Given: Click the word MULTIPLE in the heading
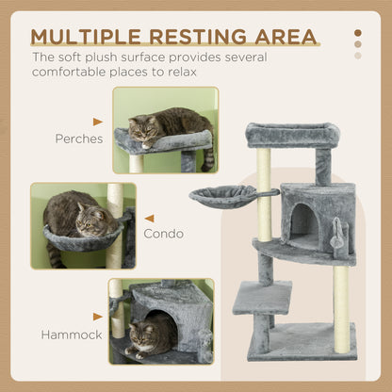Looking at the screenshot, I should point(86,38).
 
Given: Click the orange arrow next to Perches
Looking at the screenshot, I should point(97,122).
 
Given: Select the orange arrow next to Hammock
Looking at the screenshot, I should point(97,318).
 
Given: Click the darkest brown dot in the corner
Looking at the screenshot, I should point(357,32).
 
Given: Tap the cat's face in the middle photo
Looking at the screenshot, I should point(90,225).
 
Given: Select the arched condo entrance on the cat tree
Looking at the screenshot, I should point(302,220).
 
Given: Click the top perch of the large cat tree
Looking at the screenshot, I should point(292,136).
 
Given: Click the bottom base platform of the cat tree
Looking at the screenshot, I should point(302,341).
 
